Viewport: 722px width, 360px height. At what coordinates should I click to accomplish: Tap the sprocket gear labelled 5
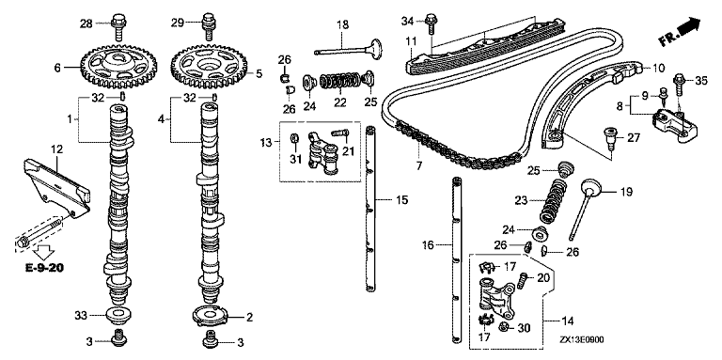tap(209, 66)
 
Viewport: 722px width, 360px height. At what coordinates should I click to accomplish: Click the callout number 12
tap(56, 149)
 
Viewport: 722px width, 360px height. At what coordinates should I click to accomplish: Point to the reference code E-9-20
tap(44, 268)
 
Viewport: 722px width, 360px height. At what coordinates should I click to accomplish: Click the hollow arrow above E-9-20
tap(45, 251)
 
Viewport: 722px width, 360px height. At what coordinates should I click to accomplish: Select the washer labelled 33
tap(118, 315)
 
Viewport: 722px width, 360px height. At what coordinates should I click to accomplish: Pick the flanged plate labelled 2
tap(210, 316)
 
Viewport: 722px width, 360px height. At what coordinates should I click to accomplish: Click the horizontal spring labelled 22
tap(338, 82)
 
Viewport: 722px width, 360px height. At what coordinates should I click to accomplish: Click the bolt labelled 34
tap(432, 23)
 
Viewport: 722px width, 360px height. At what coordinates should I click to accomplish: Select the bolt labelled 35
tap(680, 84)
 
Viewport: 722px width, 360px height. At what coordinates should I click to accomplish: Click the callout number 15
tap(401, 200)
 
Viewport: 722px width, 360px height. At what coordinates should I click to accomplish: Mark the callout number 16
tap(428, 245)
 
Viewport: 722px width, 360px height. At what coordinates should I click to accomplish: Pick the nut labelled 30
tap(504, 327)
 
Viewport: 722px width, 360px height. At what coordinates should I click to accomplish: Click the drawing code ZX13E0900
tap(582, 339)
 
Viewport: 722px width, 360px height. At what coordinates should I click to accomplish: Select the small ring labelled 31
tap(294, 138)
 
